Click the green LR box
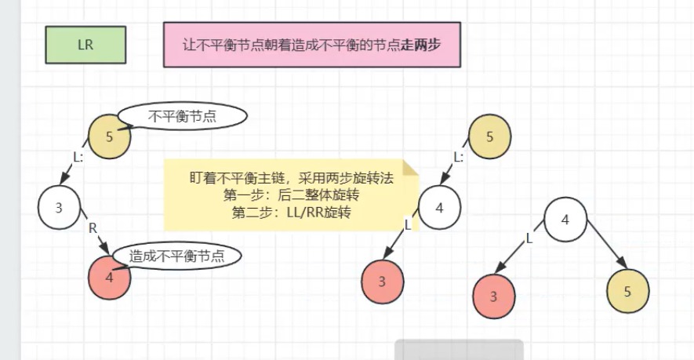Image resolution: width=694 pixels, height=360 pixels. point(85,45)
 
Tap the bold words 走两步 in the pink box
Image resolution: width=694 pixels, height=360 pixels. point(421,45)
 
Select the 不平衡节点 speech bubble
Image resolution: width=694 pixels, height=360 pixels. point(183,117)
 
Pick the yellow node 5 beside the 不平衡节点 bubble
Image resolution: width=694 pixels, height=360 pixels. point(108,136)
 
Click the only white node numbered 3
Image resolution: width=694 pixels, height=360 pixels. point(59,208)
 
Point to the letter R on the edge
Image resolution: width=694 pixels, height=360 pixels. point(92,227)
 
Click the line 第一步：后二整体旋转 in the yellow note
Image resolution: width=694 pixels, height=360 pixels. point(291,195)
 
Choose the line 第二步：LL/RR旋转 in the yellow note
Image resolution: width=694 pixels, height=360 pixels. point(291,212)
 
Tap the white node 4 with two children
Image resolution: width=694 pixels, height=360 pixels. point(565,219)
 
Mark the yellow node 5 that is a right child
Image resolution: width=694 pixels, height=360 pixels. point(627,291)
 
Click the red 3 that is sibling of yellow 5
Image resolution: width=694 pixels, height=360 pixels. point(494,296)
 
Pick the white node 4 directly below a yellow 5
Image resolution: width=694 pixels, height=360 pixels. point(439,208)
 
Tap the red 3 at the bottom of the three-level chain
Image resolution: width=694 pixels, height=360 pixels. point(383,282)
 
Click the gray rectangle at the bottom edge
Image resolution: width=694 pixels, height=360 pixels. point(459,350)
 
